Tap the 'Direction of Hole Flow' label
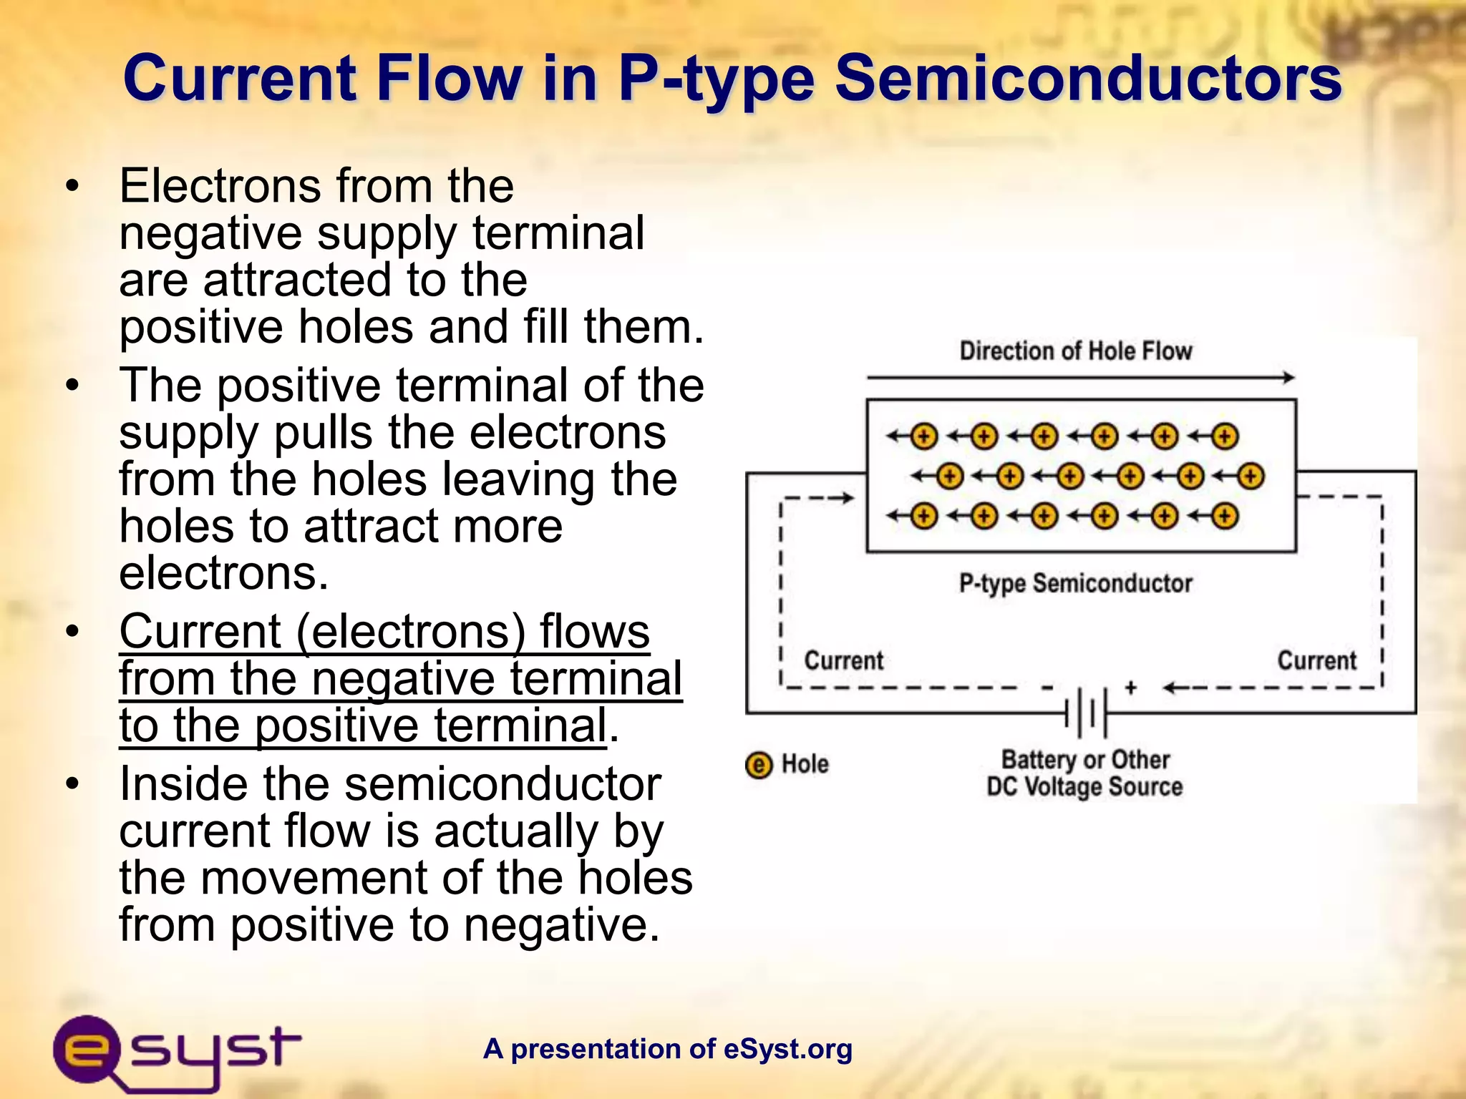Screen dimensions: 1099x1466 [x=1075, y=351]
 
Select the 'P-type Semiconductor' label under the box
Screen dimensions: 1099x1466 [x=1075, y=584]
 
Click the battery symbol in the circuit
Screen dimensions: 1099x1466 [x=1087, y=713]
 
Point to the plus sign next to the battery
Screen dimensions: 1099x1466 [x=1130, y=688]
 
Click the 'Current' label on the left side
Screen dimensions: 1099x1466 [x=843, y=660]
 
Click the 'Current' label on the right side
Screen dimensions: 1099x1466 [x=1316, y=660]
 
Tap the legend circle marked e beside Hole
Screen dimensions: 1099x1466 [x=759, y=765]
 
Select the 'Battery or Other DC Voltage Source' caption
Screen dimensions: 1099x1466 [x=1084, y=773]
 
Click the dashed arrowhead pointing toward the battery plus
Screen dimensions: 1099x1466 [x=1170, y=688]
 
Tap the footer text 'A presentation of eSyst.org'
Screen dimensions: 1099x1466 [x=667, y=1049]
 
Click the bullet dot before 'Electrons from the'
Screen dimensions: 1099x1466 [x=71, y=186]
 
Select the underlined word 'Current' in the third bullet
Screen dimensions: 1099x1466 [x=200, y=632]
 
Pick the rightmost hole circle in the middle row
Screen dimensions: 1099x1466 [x=1251, y=477]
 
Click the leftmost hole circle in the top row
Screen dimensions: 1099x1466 [x=924, y=436]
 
